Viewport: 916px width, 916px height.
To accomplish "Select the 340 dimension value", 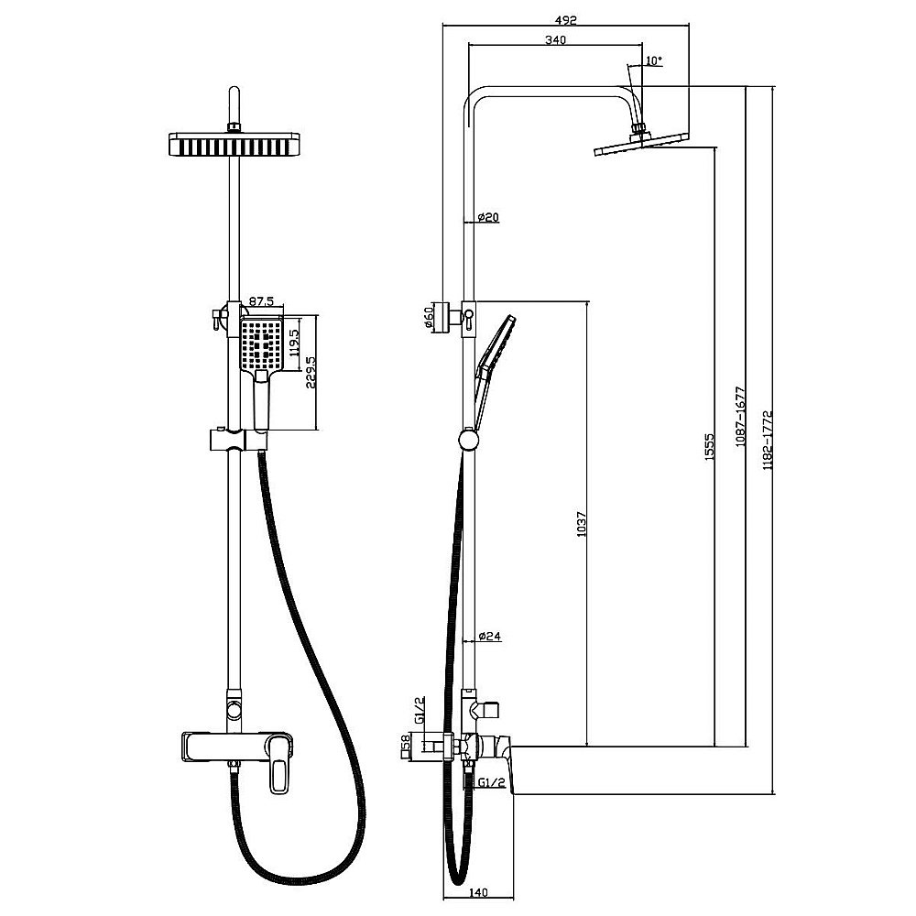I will click(x=554, y=39).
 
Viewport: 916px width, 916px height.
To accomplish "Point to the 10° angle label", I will click(x=653, y=60).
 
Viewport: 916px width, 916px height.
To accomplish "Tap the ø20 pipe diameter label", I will click(x=487, y=217).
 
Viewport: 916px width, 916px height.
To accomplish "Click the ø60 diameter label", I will click(x=428, y=318).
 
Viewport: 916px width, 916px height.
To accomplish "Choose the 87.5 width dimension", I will click(x=263, y=300).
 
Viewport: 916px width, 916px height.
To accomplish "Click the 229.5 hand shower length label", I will click(x=311, y=372).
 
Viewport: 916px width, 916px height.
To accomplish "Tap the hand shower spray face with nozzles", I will click(x=262, y=345).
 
